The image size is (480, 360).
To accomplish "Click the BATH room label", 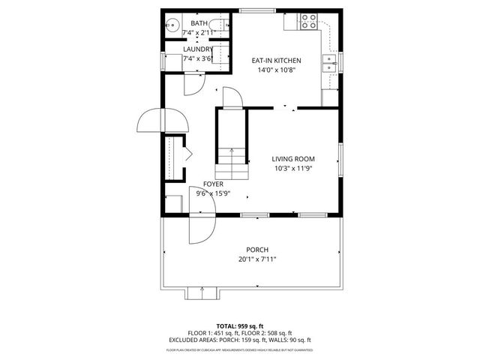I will tap(199, 24).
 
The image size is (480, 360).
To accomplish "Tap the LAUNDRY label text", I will tap(198, 49).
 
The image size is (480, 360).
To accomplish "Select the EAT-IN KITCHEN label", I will tap(276, 61).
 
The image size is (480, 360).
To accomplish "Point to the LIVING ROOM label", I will tap(292, 159).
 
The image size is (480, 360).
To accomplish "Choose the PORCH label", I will tap(257, 250).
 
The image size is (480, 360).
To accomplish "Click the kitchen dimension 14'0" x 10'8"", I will tap(276, 70).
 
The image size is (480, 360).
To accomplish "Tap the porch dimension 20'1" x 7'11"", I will tap(257, 259).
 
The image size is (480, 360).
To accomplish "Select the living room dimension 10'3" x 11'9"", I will tap(292, 169).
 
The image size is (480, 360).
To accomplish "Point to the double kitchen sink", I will tap(329, 64).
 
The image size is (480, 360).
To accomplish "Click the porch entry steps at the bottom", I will tap(199, 292).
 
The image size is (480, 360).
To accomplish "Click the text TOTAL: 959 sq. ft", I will tap(239, 326).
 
